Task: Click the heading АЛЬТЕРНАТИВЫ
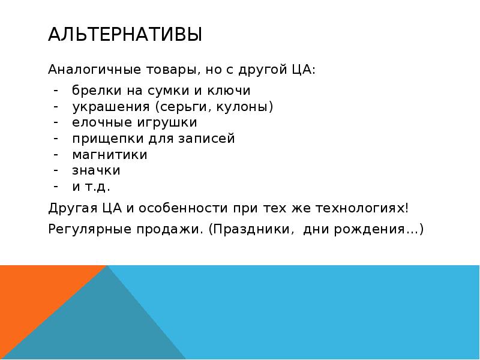[125, 35]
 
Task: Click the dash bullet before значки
[55, 170]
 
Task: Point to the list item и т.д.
[91, 186]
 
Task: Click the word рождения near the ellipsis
[378, 229]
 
